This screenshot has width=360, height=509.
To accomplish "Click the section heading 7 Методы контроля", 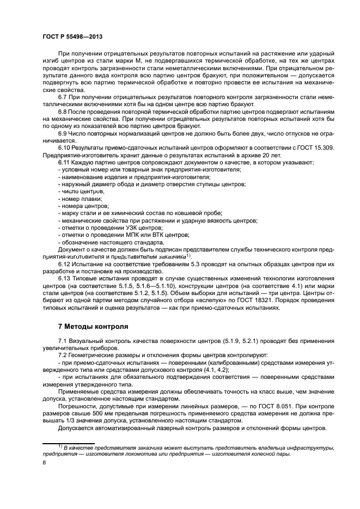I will (93, 327).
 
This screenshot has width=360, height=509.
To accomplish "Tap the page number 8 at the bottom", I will (45, 463).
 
